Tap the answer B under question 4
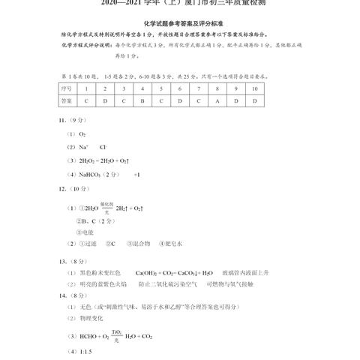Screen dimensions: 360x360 [142, 100]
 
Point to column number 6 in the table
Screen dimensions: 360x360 [180, 87]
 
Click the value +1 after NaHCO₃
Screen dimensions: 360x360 [137, 175]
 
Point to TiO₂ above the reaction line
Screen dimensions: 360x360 [116, 331]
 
